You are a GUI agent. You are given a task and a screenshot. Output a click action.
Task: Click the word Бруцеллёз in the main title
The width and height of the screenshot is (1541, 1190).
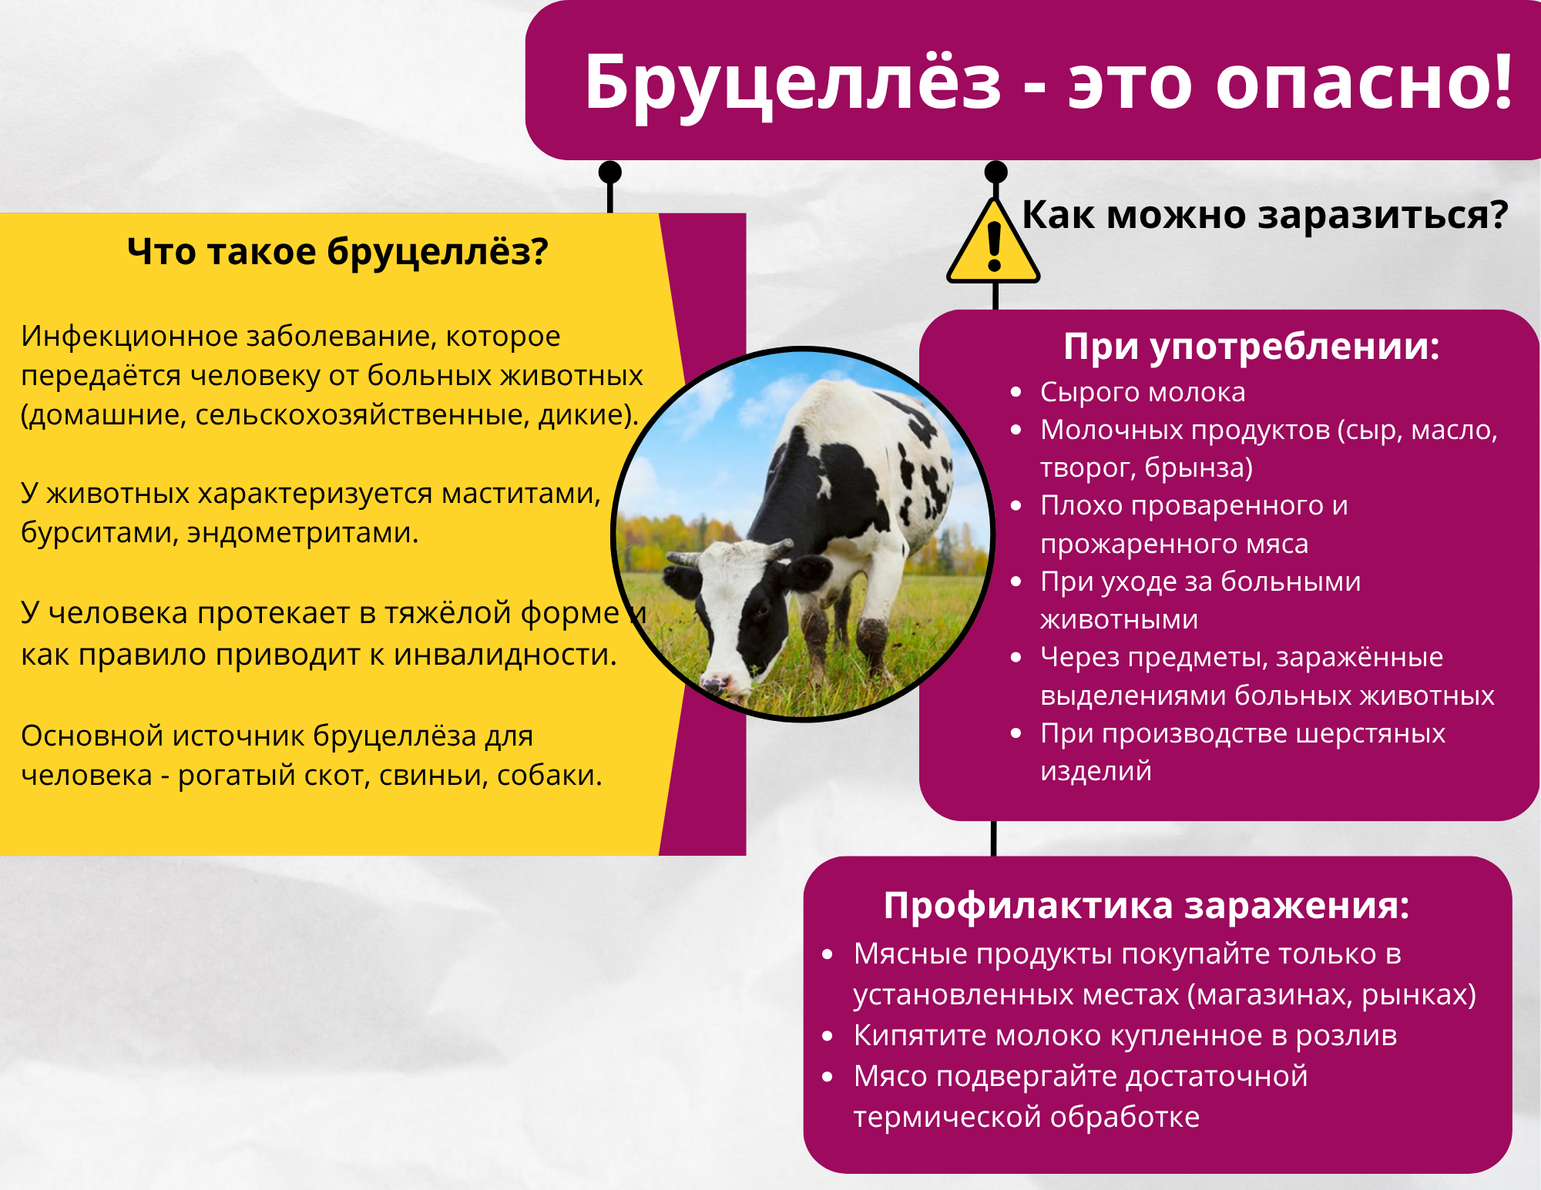click(x=793, y=83)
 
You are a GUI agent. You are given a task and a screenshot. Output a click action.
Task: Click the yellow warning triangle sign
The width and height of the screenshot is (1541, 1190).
click(x=994, y=242)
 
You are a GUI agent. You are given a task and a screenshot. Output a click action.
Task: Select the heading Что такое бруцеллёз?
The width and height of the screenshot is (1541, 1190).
click(x=337, y=252)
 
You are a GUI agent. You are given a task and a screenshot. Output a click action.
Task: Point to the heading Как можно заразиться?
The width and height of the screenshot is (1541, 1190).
click(x=1264, y=215)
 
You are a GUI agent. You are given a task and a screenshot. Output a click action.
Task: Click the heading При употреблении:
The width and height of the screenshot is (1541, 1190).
click(x=1251, y=347)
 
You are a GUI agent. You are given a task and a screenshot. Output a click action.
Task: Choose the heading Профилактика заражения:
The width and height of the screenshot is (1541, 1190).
click(x=1147, y=906)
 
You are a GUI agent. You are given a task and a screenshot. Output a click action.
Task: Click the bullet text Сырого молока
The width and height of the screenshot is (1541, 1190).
click(x=1143, y=392)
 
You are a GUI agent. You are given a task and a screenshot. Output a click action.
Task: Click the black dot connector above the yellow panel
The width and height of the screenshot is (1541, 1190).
click(x=610, y=172)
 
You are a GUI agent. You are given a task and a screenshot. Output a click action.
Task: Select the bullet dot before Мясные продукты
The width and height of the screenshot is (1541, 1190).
click(x=828, y=955)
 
